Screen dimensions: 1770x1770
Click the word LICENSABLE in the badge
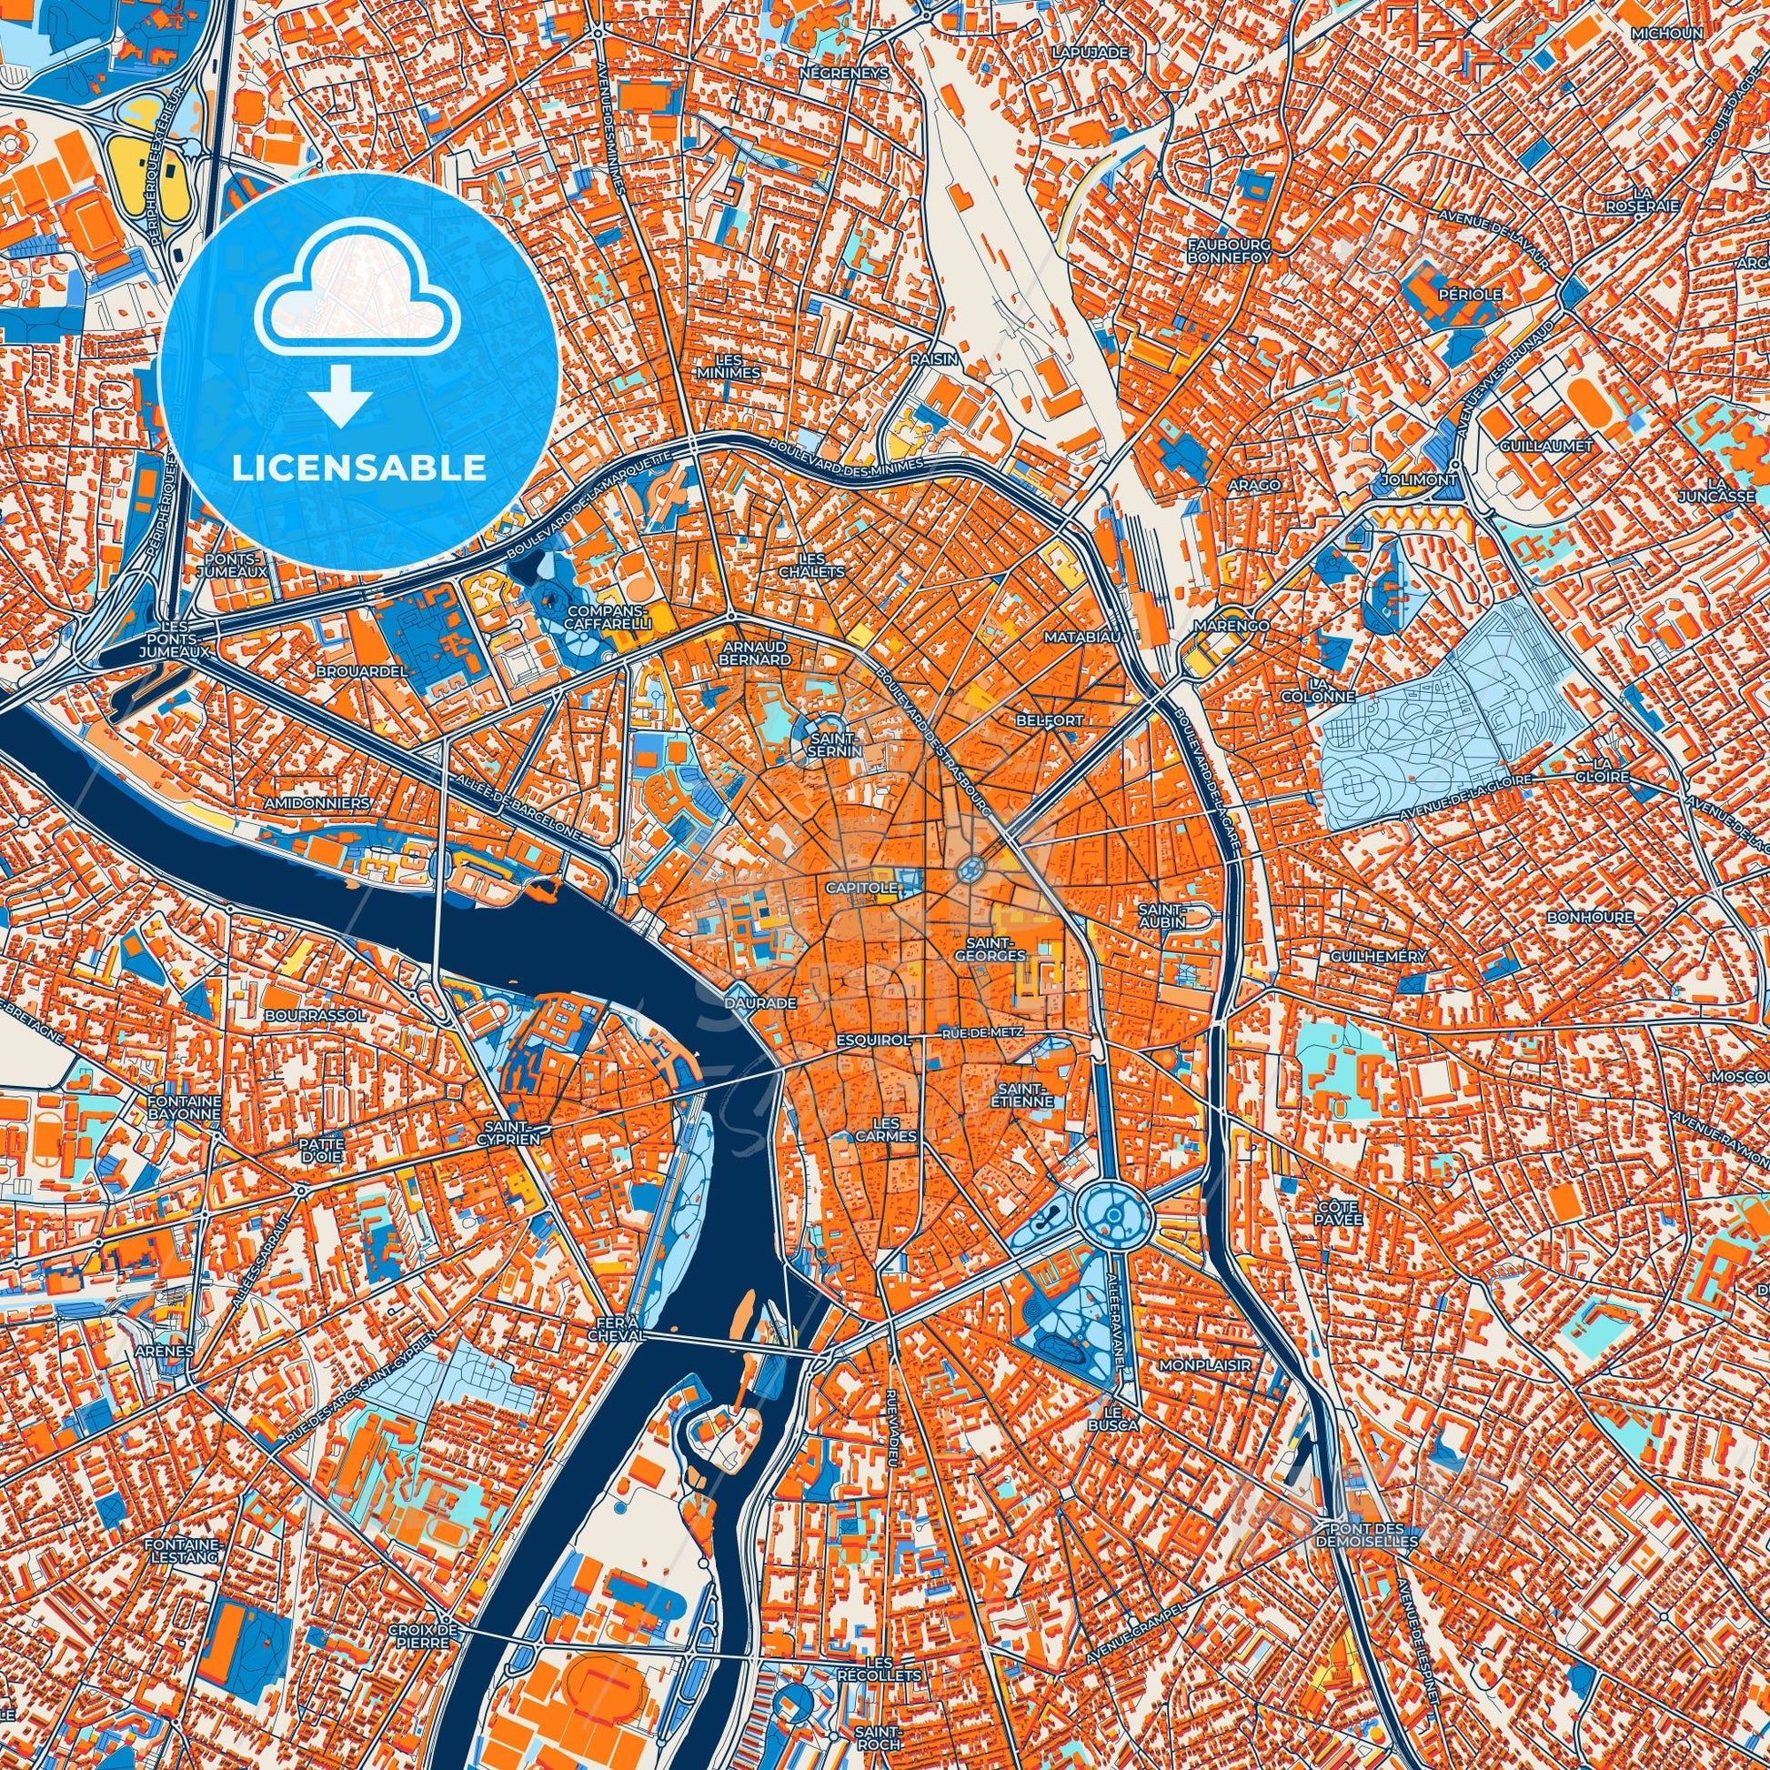(359, 468)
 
